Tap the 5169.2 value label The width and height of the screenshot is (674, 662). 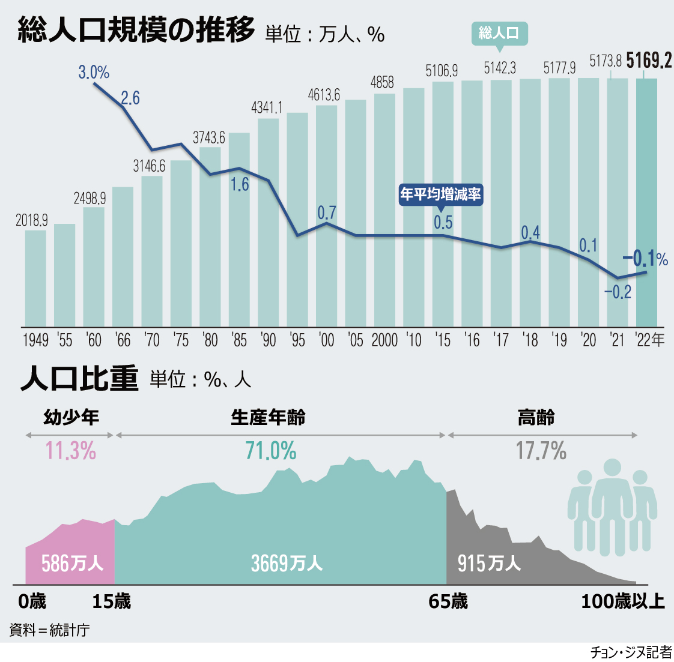[649, 61]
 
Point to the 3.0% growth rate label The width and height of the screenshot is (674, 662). [94, 73]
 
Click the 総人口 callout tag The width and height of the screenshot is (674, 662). [499, 32]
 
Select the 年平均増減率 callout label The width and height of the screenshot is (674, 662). [440, 194]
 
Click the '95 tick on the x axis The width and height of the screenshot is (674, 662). [297, 340]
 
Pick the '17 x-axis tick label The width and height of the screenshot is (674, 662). [501, 340]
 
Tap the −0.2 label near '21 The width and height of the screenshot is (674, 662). [618, 292]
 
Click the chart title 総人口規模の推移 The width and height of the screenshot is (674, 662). [136, 30]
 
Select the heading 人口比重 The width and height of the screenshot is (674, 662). [79, 379]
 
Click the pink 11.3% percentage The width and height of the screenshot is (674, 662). [71, 451]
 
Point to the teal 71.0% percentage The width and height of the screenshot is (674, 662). [271, 451]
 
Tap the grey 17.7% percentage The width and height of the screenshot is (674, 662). [541, 451]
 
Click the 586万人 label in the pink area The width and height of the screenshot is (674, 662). [72, 563]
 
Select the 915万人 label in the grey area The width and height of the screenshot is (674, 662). [489, 563]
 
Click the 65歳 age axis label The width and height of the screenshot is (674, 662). [448, 601]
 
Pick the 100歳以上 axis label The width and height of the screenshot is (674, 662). [622, 601]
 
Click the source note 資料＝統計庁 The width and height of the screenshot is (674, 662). [49, 630]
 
